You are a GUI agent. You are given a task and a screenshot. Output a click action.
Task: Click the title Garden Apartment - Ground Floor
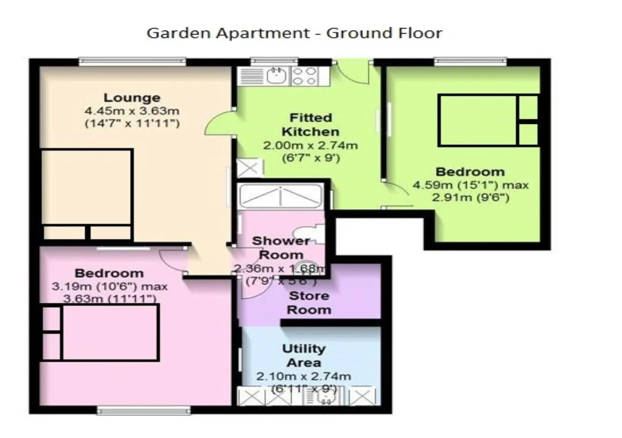(294, 33)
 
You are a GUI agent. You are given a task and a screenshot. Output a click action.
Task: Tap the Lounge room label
(132, 98)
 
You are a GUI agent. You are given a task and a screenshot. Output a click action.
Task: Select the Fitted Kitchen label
(311, 125)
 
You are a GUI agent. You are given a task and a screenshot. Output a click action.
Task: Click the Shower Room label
(281, 248)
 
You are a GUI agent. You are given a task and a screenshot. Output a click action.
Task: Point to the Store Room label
(309, 303)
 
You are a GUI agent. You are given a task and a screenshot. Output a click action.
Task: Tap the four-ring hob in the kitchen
(304, 76)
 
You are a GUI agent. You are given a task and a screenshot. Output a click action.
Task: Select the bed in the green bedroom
(488, 120)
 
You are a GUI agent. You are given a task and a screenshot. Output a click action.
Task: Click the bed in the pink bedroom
(100, 332)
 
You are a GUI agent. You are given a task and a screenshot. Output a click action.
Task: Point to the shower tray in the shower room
(280, 196)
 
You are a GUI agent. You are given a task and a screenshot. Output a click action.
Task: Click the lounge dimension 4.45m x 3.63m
(132, 111)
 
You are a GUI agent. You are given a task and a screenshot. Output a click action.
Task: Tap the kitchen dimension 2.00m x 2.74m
(311, 145)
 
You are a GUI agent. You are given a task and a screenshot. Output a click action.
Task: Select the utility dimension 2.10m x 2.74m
(304, 376)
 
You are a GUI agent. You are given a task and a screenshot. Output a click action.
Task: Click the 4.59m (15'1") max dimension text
(470, 185)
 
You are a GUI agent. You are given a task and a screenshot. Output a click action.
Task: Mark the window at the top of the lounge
(132, 61)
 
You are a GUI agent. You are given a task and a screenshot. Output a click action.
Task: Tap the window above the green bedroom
(470, 61)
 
